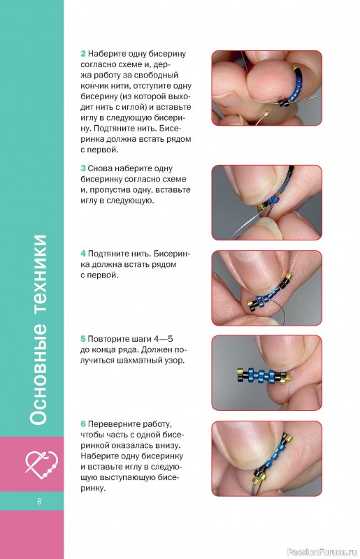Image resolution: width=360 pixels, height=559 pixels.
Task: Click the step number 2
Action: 83,54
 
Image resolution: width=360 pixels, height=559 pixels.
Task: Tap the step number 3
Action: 83,168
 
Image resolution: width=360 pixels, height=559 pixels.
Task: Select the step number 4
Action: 83,254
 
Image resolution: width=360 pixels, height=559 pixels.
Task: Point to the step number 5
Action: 83,339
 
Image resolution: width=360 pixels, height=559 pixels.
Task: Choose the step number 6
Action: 83,424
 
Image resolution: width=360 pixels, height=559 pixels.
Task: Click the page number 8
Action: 39,501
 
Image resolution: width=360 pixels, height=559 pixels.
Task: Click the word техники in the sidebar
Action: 38,275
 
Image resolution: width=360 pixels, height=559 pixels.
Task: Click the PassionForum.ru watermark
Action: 322,552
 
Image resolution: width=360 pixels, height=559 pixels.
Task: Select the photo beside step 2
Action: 267,88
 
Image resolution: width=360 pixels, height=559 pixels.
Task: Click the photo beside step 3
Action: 267,203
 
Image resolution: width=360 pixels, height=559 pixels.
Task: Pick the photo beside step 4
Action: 267,288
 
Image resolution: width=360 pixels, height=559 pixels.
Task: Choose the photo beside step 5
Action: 267,373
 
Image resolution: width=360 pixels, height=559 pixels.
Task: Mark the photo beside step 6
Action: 267,458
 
